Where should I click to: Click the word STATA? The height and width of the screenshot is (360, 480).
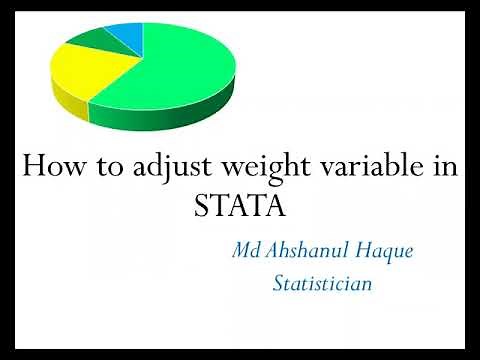click(x=239, y=207)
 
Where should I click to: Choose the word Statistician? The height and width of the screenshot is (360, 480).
click(x=322, y=284)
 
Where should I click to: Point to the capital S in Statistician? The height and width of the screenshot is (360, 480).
click(x=279, y=284)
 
